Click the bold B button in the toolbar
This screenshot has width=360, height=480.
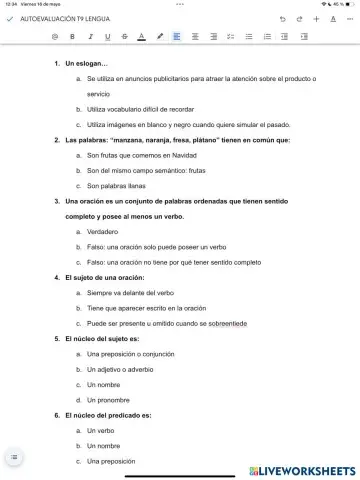pyautogui.click(x=72, y=36)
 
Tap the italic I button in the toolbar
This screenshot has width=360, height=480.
pyautogui.click(x=90, y=36)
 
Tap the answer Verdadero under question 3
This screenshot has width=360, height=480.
pyautogui.click(x=103, y=231)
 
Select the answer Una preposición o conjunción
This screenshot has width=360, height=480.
pyautogui.click(x=131, y=354)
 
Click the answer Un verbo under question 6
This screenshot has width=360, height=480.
pyautogui.click(x=101, y=430)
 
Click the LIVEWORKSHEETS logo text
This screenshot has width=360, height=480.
pyautogui.click(x=306, y=469)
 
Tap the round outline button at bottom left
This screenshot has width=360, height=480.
pyautogui.click(x=14, y=456)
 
